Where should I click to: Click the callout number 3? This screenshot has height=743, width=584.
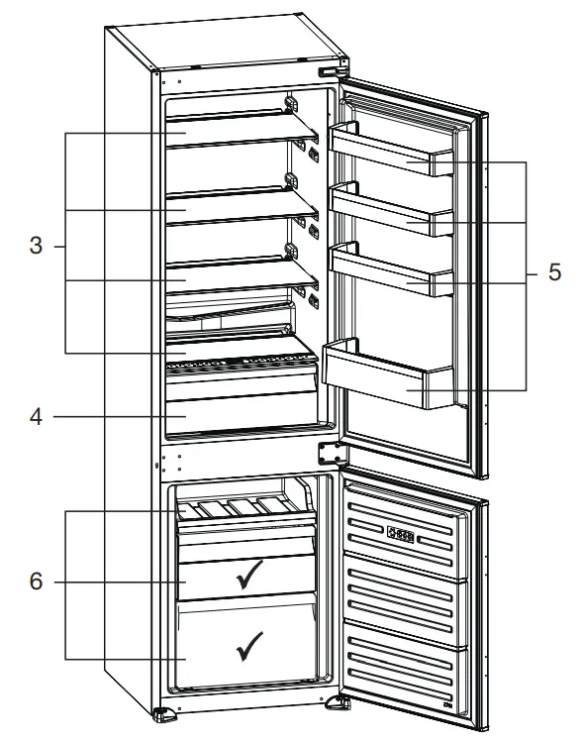click(x=36, y=246)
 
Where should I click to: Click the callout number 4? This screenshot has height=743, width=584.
click(x=36, y=417)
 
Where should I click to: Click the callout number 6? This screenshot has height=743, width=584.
click(x=36, y=583)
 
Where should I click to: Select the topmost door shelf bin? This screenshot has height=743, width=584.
click(x=392, y=154)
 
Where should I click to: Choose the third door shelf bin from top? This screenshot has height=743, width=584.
click(x=392, y=269)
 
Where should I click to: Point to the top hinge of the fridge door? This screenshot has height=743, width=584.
click(x=334, y=70)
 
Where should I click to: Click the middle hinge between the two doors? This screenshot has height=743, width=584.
click(x=331, y=452)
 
